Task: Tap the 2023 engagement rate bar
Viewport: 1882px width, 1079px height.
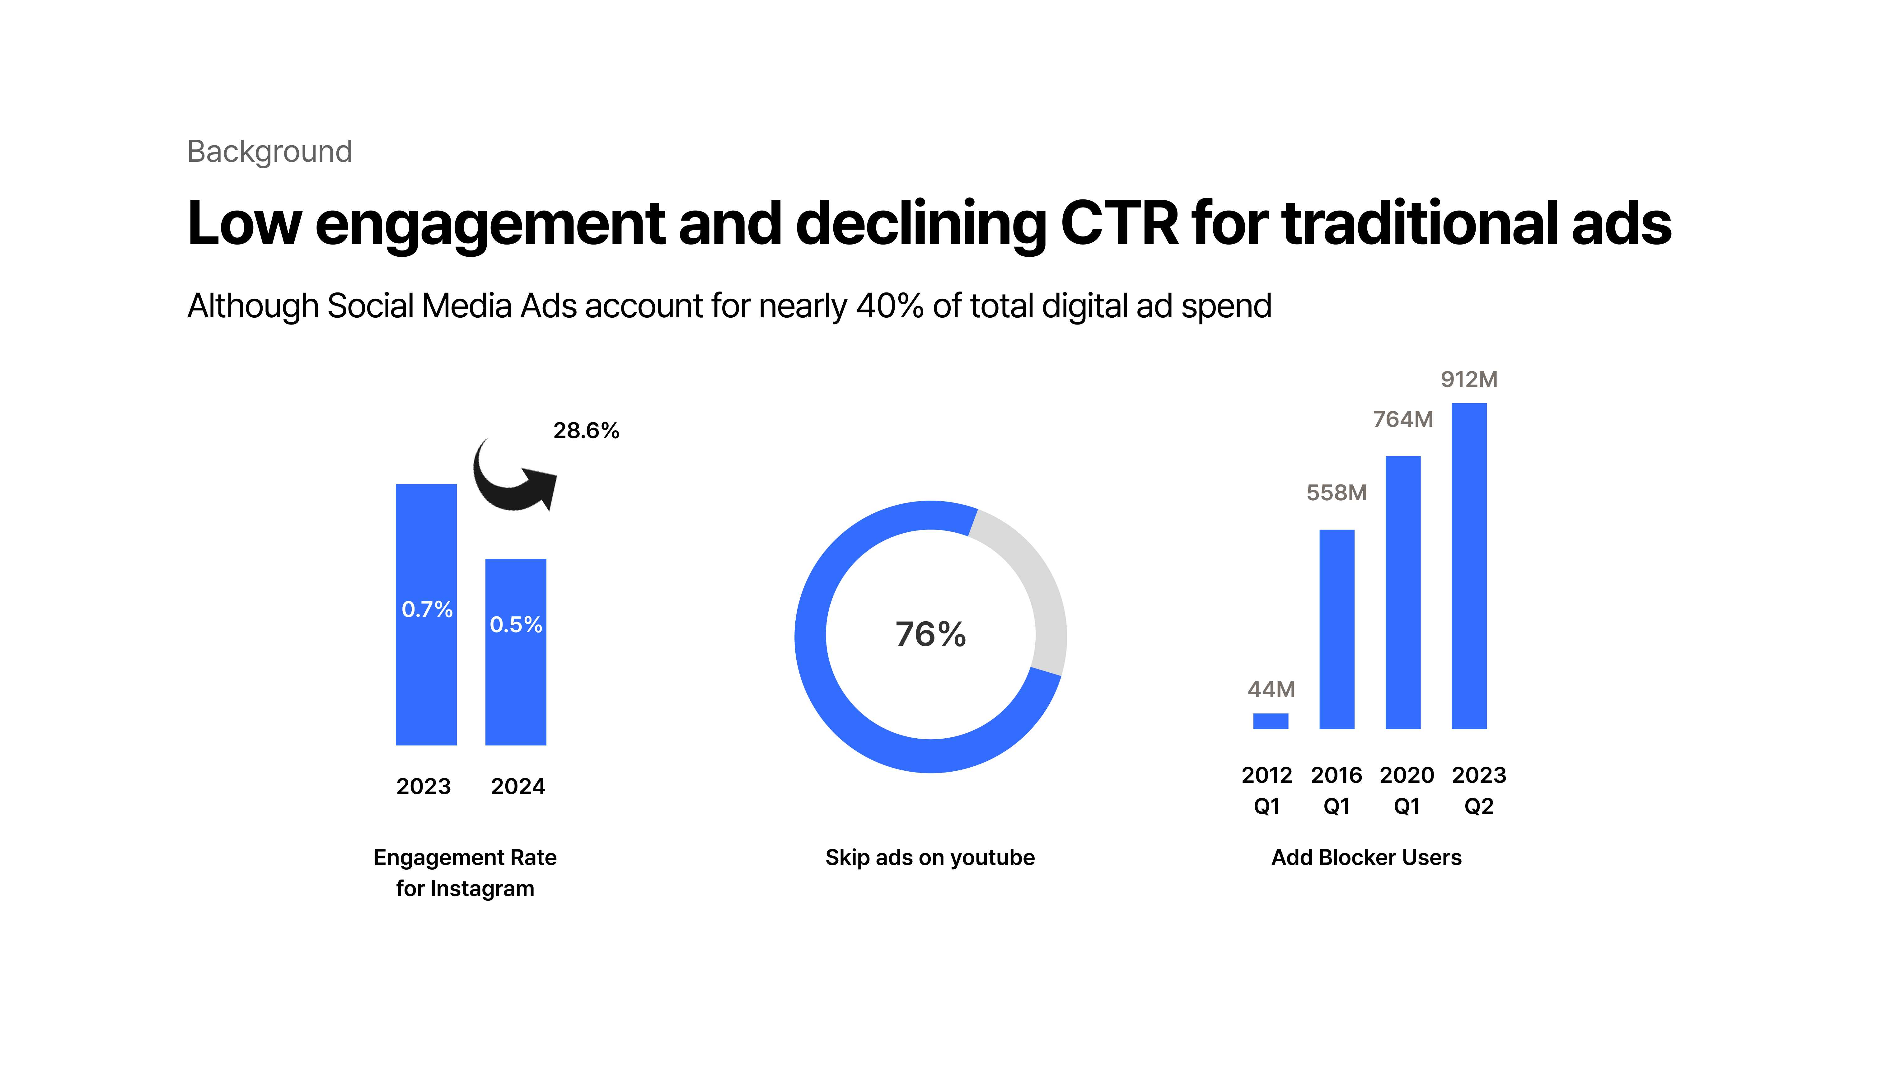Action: [426, 667]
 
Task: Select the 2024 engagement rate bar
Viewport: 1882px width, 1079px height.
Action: [516, 682]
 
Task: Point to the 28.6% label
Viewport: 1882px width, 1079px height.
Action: [586, 431]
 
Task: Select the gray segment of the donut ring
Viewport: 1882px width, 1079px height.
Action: [1034, 586]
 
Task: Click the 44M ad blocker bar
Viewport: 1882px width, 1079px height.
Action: [1271, 721]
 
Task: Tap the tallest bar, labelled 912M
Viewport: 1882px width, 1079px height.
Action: [1469, 567]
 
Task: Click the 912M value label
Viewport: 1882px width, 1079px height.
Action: [1469, 380]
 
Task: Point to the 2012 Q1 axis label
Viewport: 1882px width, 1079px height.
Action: [1267, 790]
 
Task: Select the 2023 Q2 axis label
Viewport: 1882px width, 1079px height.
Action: [1479, 790]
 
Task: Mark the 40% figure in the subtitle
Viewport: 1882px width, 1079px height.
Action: [889, 306]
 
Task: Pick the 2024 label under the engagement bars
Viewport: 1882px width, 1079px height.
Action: [518, 786]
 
